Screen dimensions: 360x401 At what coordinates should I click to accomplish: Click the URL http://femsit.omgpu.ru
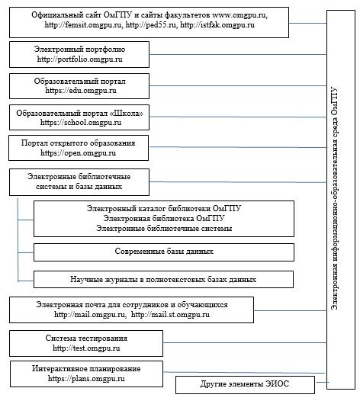(83, 25)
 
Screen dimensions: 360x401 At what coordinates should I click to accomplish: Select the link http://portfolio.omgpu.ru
(79, 59)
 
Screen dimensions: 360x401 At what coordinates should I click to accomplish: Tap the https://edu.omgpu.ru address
(81, 91)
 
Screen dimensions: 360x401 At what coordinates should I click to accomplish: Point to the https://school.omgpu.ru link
(81, 123)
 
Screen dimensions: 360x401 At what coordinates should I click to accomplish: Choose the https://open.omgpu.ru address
(78, 153)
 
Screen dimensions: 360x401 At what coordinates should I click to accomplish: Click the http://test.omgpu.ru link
(86, 348)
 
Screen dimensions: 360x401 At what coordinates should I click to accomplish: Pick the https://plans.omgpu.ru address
(86, 378)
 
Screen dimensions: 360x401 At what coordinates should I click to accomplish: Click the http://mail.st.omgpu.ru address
(170, 314)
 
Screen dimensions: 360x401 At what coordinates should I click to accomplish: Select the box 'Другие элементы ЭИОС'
(245, 385)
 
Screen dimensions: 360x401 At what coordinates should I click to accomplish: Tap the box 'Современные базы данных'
(164, 252)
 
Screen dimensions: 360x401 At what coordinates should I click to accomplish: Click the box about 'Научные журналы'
(163, 279)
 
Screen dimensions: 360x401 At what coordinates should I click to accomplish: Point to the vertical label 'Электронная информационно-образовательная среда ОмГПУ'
(334, 199)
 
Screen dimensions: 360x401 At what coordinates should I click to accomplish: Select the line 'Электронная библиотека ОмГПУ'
(164, 218)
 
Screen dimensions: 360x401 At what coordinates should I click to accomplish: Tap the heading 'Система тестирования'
(86, 338)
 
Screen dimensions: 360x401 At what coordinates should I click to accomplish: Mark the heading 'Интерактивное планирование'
(86, 368)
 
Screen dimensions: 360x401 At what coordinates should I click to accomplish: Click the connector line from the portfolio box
(238, 54)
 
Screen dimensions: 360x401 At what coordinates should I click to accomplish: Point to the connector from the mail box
(291, 311)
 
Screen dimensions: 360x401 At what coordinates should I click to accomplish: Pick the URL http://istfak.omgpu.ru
(217, 25)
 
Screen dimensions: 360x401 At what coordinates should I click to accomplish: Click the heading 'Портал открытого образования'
(78, 143)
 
